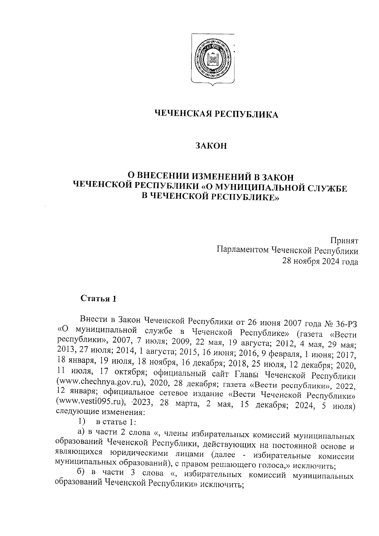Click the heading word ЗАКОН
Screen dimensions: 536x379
211,146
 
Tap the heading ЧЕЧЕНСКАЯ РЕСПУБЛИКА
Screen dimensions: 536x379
216,114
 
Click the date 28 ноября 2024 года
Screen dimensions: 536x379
320,262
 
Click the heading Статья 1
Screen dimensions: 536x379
99,298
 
